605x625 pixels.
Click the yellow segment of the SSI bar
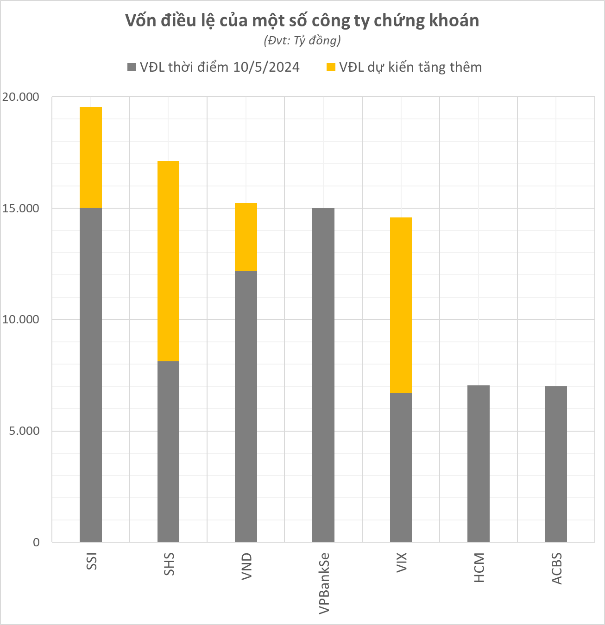tap(91, 157)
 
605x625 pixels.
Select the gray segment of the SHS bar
tap(168, 451)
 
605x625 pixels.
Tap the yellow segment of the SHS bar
tap(168, 261)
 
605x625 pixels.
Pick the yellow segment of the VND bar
tap(246, 237)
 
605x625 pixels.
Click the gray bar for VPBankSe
tap(323, 375)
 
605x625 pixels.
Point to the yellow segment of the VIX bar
tap(401, 305)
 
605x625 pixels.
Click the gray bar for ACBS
tap(555, 464)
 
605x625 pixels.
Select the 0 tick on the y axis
tap(36, 543)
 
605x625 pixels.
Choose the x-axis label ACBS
tap(556, 568)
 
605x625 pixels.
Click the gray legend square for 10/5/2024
tap(132, 67)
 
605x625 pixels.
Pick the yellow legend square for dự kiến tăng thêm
tap(331, 67)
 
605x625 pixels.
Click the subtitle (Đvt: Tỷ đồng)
tap(302, 41)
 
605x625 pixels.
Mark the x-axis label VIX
tap(402, 562)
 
